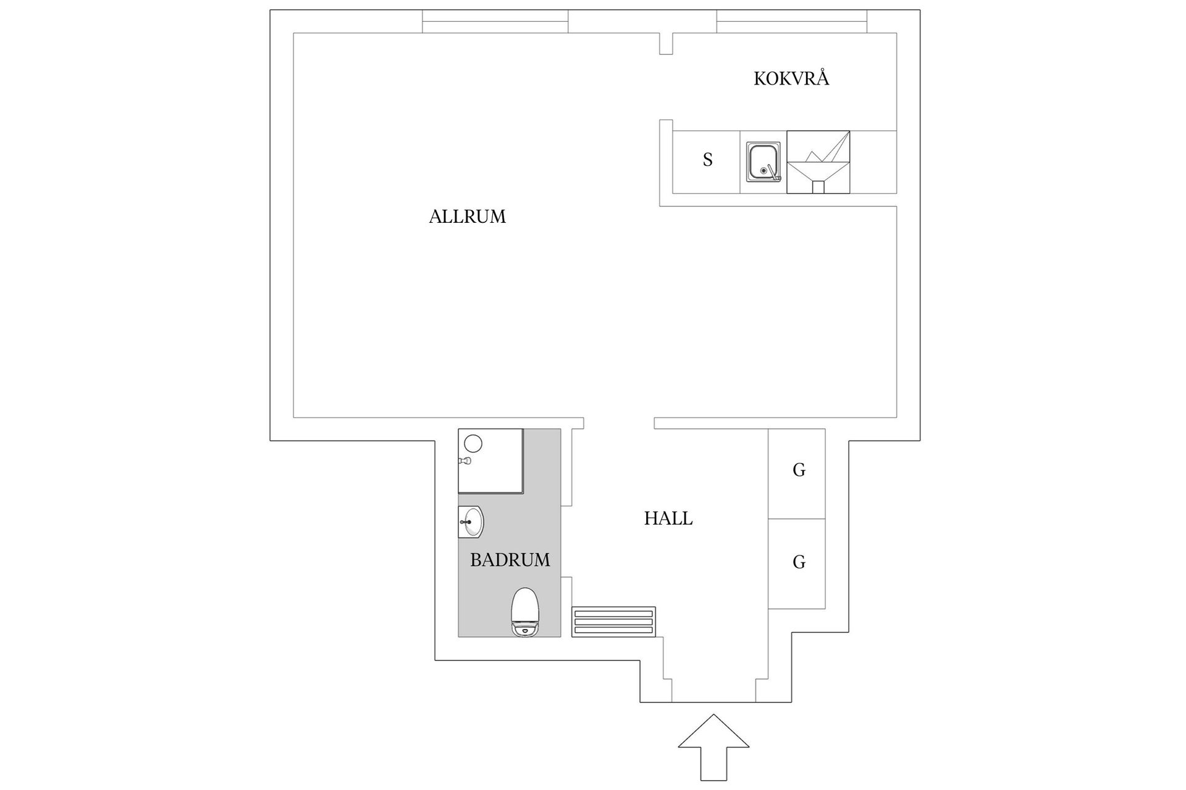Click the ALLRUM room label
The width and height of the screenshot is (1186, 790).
[467, 217]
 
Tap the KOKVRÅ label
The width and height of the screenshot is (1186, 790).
[791, 79]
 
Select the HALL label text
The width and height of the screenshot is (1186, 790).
[668, 518]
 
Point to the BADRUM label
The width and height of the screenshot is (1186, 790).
[510, 560]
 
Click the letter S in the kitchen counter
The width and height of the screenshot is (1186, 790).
[708, 160]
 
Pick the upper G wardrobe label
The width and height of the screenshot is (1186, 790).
[799, 470]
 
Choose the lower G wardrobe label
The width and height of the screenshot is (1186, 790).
[799, 562]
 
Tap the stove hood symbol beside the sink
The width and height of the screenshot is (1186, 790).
[818, 162]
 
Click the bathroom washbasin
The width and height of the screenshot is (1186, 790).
[471, 522]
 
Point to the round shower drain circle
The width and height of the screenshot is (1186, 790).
[473, 443]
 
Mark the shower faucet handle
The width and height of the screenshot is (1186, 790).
[464, 461]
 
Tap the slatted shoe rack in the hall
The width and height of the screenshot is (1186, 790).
[613, 622]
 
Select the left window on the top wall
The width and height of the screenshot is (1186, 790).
[495, 22]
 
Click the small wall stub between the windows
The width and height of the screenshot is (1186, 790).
[666, 44]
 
